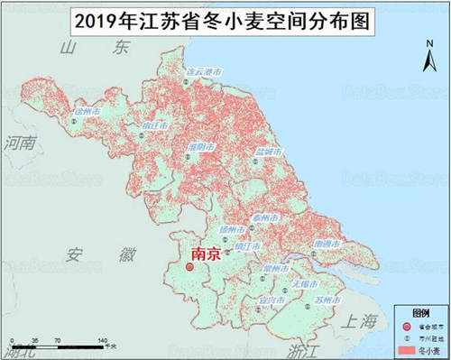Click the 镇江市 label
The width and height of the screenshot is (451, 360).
[x=247, y=245]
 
